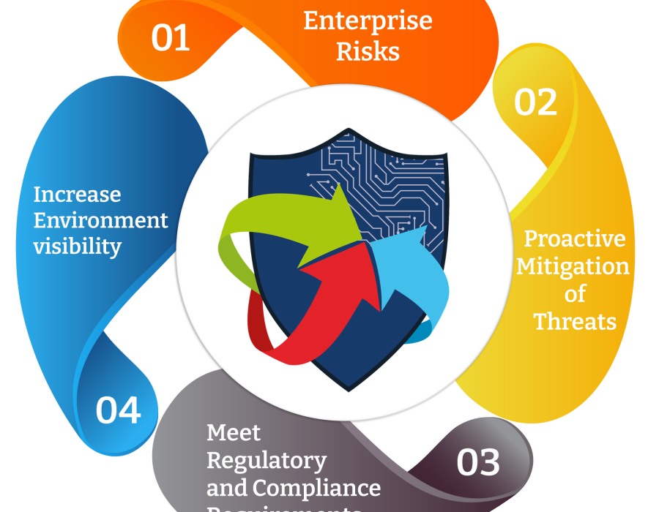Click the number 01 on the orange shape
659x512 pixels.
point(171,38)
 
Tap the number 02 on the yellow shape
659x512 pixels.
point(535,102)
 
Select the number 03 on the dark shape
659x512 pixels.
point(478,462)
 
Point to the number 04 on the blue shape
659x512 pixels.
point(118,410)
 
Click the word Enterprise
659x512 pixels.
point(368,21)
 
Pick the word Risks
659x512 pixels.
point(368,52)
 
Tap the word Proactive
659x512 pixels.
point(575,238)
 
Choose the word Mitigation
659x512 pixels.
point(573,266)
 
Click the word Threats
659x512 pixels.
point(575,321)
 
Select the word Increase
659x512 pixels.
point(77,195)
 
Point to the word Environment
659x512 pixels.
point(101,220)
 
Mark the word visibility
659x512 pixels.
point(77,246)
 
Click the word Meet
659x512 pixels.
point(234,433)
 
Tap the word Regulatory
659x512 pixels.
point(267,461)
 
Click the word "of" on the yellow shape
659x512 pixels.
point(575,293)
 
